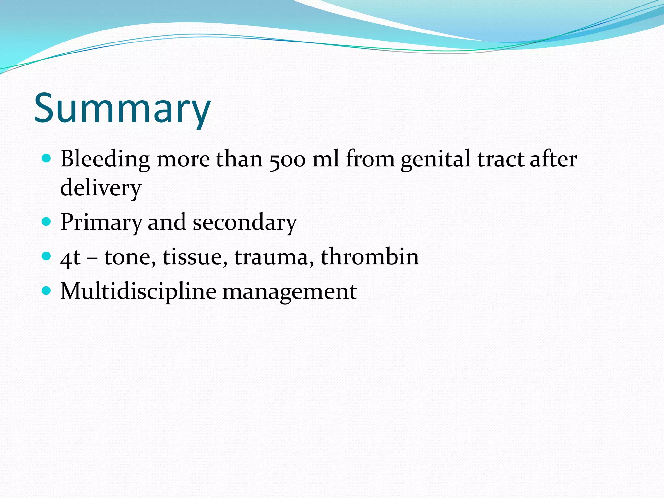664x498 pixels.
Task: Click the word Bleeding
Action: pyautogui.click(x=105, y=160)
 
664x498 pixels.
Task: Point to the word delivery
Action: pyautogui.click(x=101, y=188)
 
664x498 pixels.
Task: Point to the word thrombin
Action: pyautogui.click(x=370, y=257)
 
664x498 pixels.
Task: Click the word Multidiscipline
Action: pyautogui.click(x=138, y=291)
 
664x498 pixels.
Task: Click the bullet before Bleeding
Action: pyautogui.click(x=47, y=159)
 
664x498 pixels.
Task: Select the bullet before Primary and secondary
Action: pyautogui.click(x=47, y=222)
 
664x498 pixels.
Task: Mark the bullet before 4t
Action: pyautogui.click(x=47, y=256)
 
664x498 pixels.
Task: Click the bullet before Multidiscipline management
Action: pyautogui.click(x=47, y=290)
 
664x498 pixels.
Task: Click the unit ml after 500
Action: pyautogui.click(x=326, y=160)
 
